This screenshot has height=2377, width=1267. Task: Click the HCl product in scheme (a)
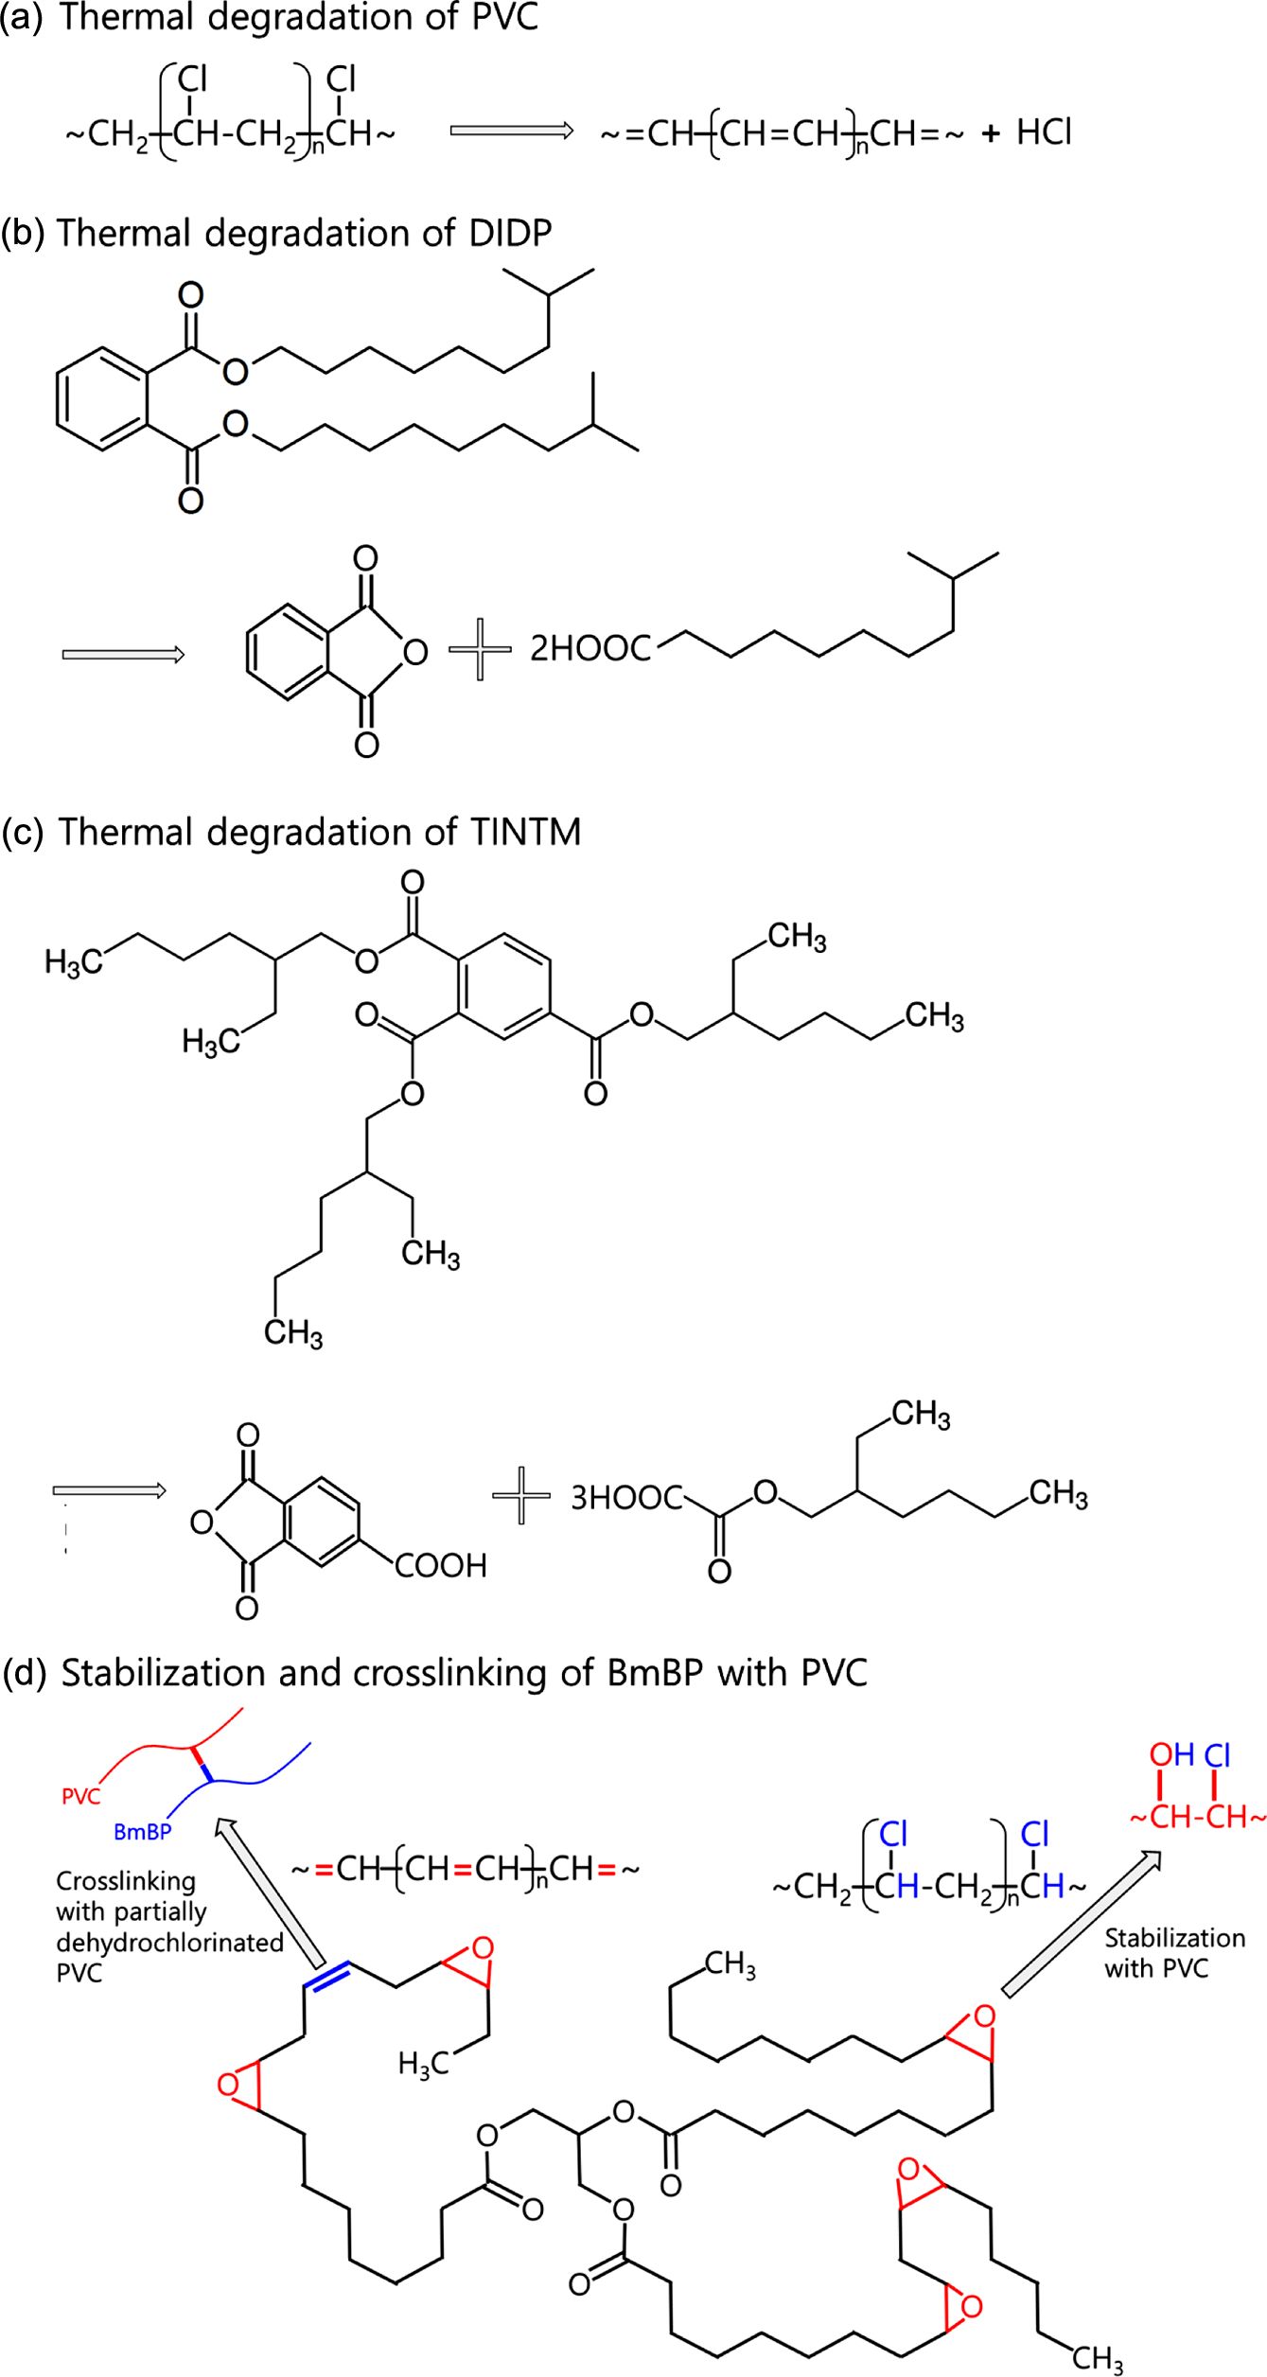(x=1044, y=132)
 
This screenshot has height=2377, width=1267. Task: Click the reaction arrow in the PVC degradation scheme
(x=511, y=131)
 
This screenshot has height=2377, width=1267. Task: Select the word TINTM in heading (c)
(x=525, y=832)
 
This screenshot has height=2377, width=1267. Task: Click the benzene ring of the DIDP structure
(x=102, y=397)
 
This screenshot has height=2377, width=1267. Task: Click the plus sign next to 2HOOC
(x=480, y=649)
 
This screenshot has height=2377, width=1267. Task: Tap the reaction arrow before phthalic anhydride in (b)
(x=123, y=655)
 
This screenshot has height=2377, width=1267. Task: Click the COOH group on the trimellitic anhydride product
(x=440, y=1566)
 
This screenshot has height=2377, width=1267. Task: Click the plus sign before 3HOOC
(x=521, y=1495)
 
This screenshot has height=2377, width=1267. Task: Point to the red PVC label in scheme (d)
(x=80, y=1795)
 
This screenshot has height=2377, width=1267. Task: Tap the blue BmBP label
(x=142, y=1832)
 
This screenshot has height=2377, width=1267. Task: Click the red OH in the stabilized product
(x=1170, y=1755)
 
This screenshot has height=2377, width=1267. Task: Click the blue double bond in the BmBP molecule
(x=326, y=1977)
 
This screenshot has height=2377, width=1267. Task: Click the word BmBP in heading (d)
(x=655, y=1673)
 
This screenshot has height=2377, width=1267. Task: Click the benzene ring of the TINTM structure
(x=503, y=987)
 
